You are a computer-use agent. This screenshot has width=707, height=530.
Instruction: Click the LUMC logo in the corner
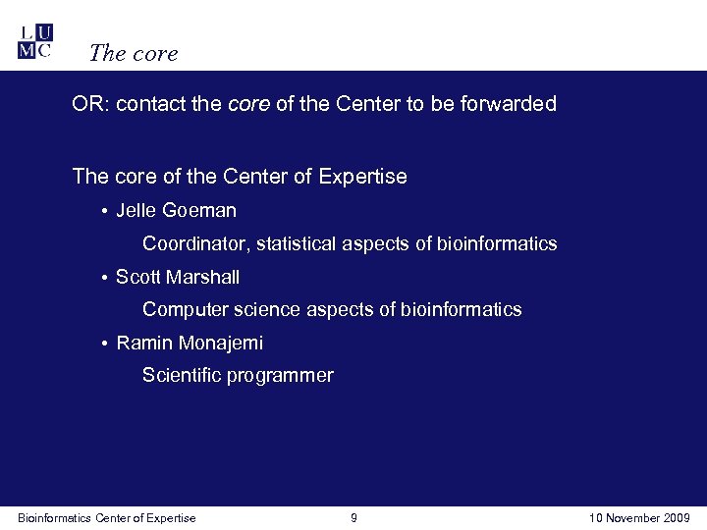35,42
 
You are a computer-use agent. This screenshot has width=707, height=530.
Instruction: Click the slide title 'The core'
133,53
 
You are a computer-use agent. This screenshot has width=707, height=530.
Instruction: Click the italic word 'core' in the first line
248,104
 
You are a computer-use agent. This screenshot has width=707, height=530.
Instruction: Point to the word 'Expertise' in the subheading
362,177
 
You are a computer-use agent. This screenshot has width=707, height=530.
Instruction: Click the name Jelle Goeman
176,211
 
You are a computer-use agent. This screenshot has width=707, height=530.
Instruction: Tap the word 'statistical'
299,243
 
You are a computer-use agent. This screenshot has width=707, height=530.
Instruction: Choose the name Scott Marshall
178,278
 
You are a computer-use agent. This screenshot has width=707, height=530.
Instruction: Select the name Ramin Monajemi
190,344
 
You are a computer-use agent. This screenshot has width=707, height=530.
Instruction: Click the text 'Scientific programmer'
238,376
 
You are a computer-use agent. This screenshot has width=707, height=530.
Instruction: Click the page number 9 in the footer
353,518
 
